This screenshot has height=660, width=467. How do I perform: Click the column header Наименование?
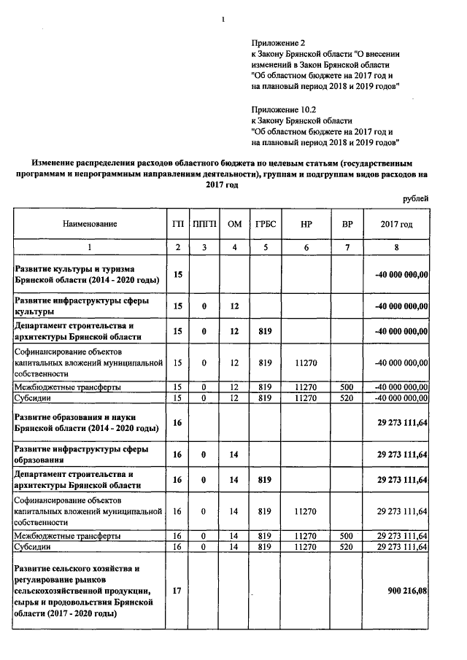(x=89, y=225)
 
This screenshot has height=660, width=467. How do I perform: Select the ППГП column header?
(x=204, y=225)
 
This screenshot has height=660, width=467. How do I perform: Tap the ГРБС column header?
(x=264, y=225)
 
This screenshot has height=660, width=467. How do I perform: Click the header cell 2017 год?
(x=396, y=225)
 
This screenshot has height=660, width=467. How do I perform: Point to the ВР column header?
(x=347, y=225)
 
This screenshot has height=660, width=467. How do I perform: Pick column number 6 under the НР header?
(x=306, y=248)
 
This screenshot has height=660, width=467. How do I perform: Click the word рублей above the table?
(x=415, y=198)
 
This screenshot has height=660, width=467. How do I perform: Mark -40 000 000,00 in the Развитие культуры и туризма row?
(x=401, y=274)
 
